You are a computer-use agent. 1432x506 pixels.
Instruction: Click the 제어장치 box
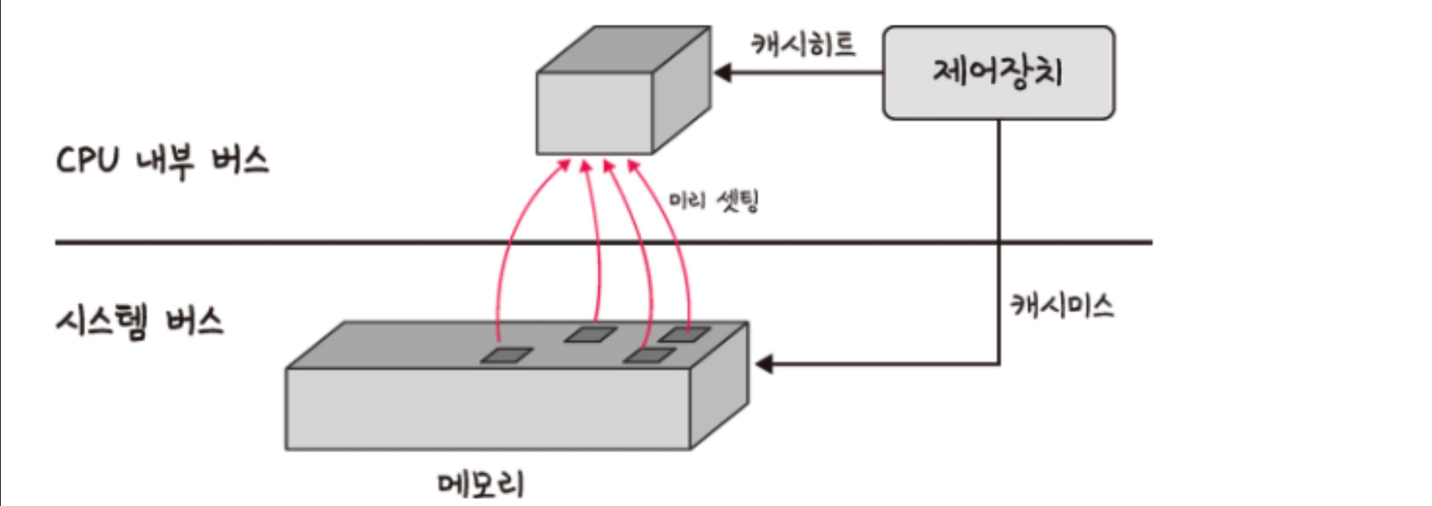(999, 72)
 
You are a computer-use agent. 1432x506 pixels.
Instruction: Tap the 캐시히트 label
(803, 44)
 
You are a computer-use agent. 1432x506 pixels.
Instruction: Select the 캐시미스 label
(1062, 305)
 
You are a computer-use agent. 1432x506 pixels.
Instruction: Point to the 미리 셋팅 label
(714, 202)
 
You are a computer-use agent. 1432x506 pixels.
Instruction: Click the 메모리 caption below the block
(481, 484)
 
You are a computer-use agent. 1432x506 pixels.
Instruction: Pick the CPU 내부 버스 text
(163, 161)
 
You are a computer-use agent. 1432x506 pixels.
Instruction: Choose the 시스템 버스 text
(140, 322)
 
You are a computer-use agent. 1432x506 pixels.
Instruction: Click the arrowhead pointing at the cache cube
(722, 73)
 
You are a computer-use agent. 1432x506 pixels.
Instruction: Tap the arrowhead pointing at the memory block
(764, 364)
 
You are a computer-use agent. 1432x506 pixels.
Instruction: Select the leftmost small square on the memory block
(506, 355)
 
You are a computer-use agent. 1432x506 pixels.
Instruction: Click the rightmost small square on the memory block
(684, 335)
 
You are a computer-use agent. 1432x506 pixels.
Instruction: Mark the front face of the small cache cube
(595, 114)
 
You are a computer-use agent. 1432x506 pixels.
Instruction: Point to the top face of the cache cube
(623, 50)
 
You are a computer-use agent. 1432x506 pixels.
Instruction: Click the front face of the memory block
(488, 409)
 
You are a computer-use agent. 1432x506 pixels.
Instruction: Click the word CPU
(87, 161)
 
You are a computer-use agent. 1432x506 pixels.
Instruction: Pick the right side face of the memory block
(720, 385)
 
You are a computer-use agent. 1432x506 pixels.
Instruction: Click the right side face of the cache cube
(682, 90)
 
